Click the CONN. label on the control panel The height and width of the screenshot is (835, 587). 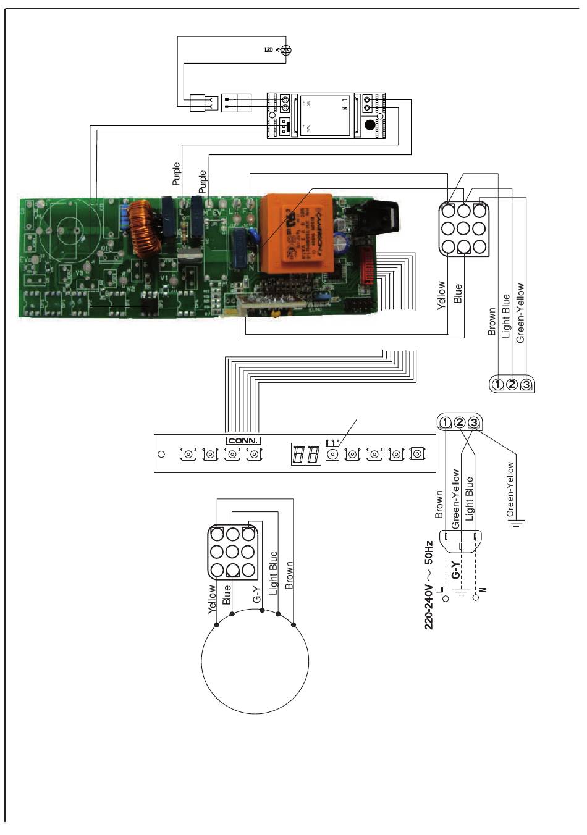243,440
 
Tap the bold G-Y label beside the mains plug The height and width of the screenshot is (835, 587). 455,569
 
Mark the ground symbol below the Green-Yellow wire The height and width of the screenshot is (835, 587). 516,524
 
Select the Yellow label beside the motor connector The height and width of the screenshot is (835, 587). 213,599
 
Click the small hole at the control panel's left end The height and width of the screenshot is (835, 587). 161,455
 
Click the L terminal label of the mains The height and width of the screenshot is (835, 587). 439,590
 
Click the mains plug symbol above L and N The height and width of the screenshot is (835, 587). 460,541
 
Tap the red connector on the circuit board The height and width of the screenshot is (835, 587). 368,269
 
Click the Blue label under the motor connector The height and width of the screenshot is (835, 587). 227,595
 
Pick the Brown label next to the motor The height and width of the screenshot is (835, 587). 289,576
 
